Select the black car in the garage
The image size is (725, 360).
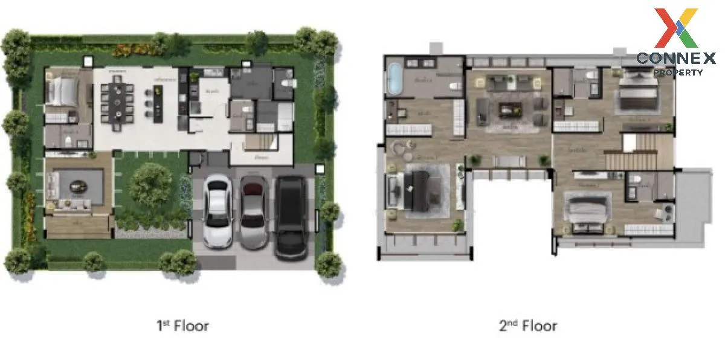click(292, 216)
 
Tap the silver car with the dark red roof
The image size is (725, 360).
click(254, 211)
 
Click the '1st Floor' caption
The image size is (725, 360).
click(182, 326)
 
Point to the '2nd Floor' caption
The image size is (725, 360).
click(528, 326)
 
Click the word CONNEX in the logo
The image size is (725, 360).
click(675, 58)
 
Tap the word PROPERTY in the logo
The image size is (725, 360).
click(678, 72)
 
